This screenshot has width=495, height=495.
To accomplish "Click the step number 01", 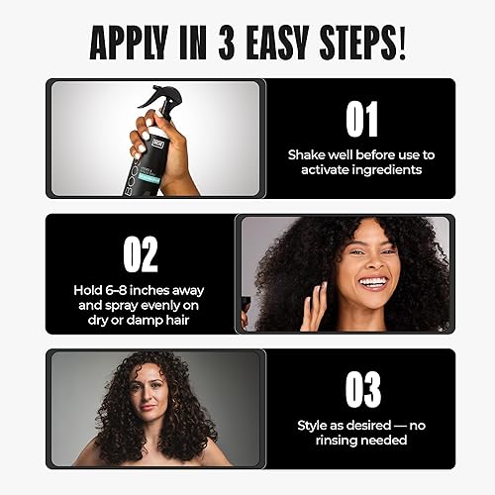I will (x=361, y=121).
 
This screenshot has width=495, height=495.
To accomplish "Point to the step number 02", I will (x=140, y=254).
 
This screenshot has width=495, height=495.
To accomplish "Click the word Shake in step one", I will (x=306, y=155).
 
